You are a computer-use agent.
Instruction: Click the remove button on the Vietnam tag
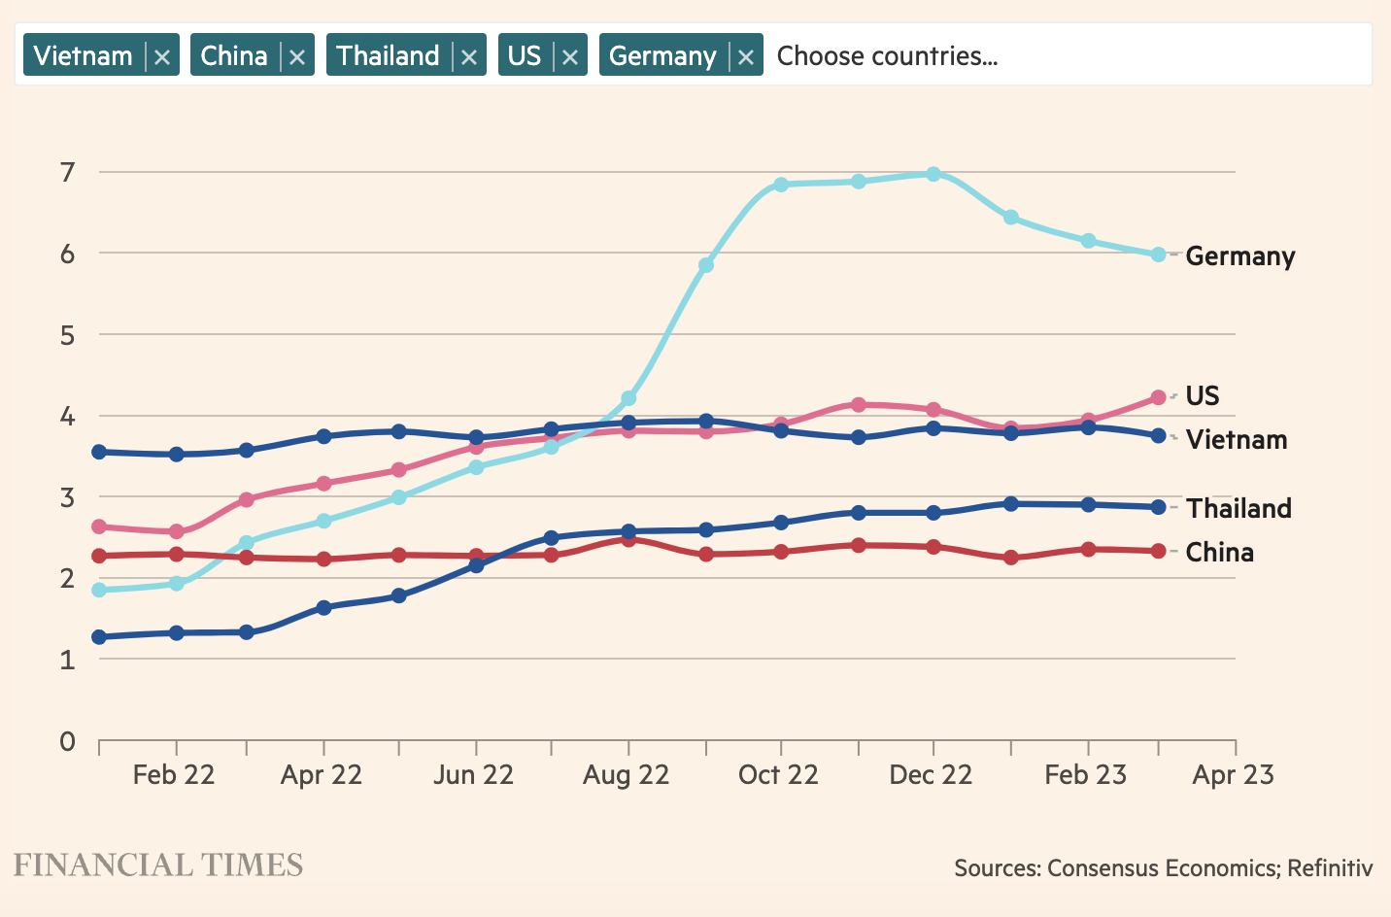pos(162,57)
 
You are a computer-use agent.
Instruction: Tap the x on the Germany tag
pos(746,57)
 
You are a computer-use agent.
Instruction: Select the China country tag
pos(234,56)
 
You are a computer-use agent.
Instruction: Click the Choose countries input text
pos(887,56)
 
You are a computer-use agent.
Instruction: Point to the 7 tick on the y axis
pos(67,172)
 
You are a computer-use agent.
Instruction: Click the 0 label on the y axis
pos(67,742)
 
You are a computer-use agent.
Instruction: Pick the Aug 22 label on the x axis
pos(627,775)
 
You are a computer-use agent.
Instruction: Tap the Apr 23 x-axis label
pos(1234,775)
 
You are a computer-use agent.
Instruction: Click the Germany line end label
pos(1240,256)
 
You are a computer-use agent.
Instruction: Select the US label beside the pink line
pos(1203,396)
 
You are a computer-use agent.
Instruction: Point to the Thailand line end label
pos(1238,509)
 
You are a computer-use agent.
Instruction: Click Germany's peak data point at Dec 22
pos(933,174)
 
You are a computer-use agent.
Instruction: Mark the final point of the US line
pos(1158,397)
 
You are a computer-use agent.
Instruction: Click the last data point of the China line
pos(1158,551)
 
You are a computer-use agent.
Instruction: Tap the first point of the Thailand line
pos(99,637)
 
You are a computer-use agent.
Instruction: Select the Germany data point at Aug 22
pos(628,398)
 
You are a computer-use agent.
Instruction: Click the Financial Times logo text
pos(158,866)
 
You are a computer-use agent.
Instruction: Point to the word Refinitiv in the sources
pos(1330,867)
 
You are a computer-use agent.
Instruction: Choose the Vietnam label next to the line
pos(1237,440)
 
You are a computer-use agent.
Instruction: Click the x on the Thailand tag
pos(469,57)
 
